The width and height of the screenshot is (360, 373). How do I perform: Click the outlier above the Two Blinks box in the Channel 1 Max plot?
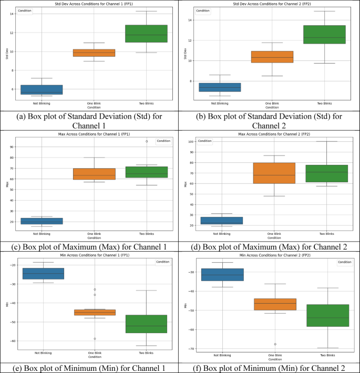pyautogui.click(x=147, y=141)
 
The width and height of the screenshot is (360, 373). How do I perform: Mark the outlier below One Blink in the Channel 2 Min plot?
pyautogui.click(x=274, y=344)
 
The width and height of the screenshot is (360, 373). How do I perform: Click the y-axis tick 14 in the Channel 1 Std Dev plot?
pyautogui.click(x=11, y=14)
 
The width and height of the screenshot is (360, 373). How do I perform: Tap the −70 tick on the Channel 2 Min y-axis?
pyautogui.click(x=189, y=348)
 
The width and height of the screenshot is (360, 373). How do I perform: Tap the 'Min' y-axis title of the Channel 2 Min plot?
pyautogui.click(x=186, y=305)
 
